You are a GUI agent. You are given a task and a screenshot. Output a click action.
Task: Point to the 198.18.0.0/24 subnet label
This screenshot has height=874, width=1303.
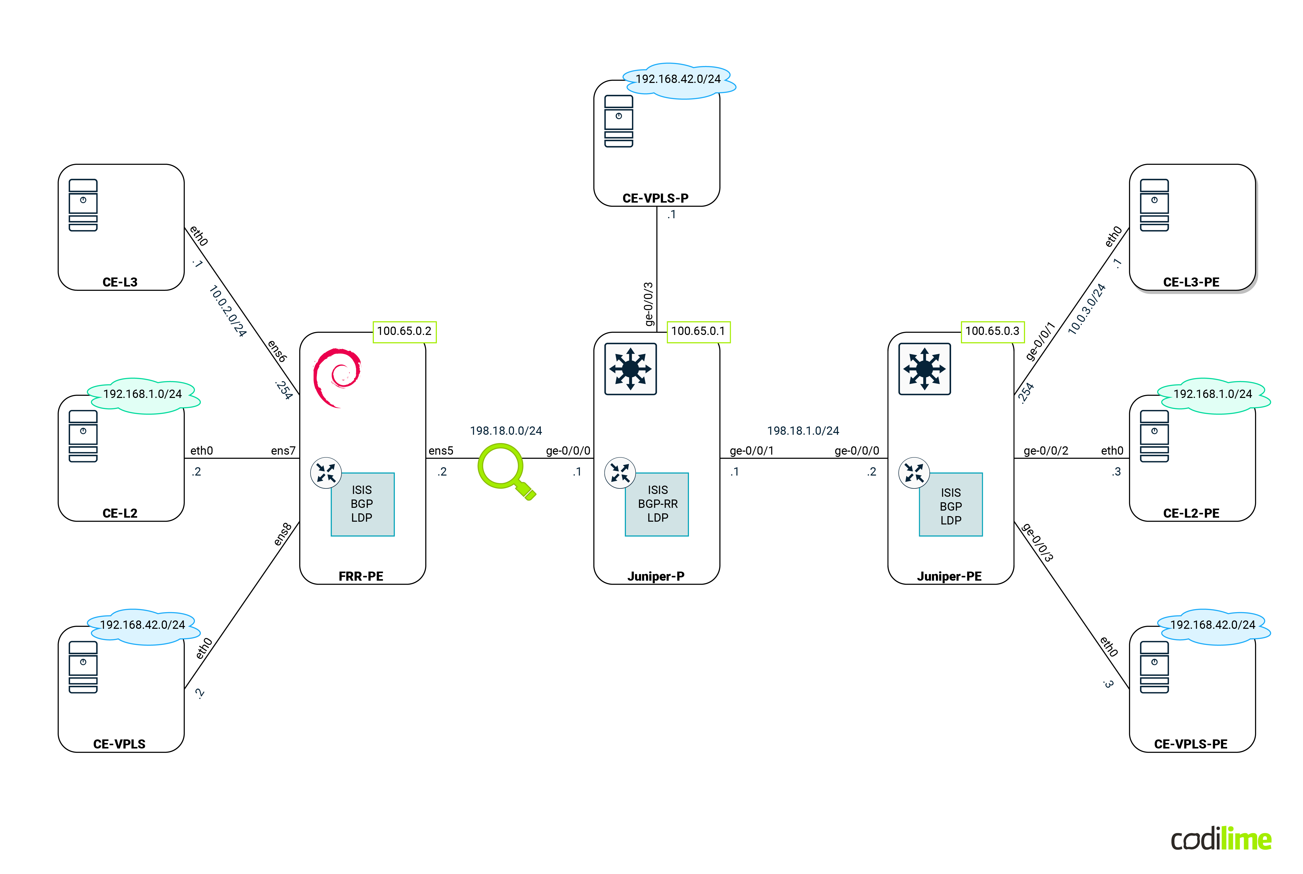[x=506, y=431]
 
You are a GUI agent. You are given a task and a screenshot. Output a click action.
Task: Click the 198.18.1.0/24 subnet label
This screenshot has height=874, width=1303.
[x=803, y=431]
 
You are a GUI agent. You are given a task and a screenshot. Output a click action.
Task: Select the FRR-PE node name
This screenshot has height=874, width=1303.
[x=361, y=576]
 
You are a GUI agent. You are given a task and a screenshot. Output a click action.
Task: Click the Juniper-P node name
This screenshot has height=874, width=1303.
[x=656, y=576]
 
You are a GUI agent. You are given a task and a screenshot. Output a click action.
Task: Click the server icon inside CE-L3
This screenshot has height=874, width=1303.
[x=83, y=205]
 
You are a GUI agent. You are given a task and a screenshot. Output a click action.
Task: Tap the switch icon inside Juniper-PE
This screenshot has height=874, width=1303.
[x=924, y=369]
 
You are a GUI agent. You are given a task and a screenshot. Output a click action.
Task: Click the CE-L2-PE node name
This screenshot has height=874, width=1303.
[x=1191, y=513]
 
